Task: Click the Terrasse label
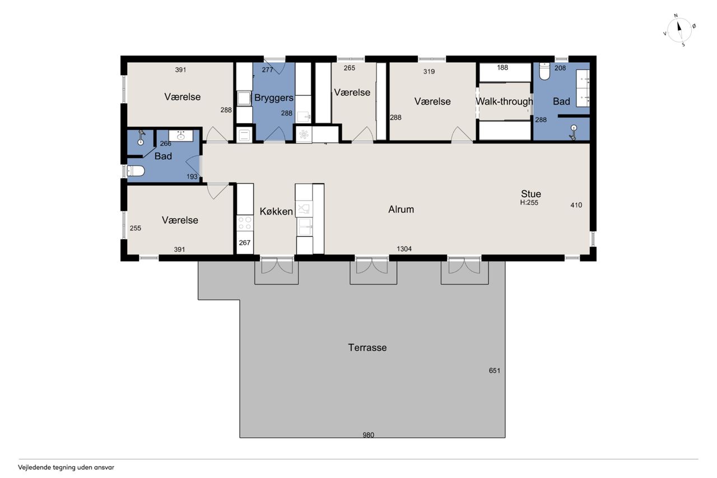[367, 347]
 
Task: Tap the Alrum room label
[401, 210]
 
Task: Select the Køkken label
[276, 212]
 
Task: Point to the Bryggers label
[274, 98]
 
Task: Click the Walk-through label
[505, 101]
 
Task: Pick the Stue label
[530, 194]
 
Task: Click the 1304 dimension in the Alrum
[404, 249]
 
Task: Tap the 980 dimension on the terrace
[369, 435]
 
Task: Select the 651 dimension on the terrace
[495, 370]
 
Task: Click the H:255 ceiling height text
[529, 202]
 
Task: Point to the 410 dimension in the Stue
[576, 205]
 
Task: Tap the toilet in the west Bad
[136, 171]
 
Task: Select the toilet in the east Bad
[544, 71]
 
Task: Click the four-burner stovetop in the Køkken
[245, 223]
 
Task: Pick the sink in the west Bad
[181, 136]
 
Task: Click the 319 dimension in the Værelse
[429, 71]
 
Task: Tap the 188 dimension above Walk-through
[502, 68]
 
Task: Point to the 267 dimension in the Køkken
[245, 243]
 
